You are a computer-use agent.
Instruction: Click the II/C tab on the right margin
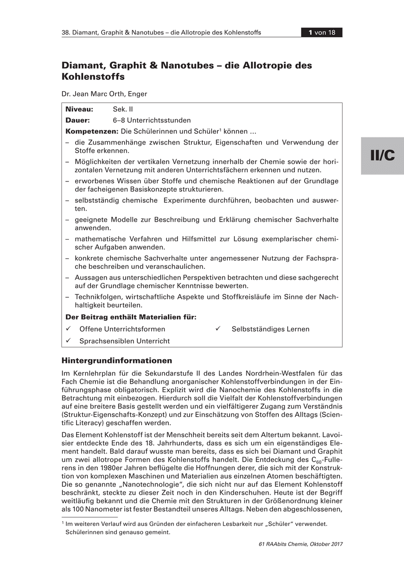[382, 156]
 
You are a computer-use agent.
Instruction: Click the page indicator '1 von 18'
[322, 33]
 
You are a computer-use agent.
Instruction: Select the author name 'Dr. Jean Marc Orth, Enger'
[104, 94]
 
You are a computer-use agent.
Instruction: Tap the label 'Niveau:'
[79, 109]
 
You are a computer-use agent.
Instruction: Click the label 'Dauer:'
[77, 120]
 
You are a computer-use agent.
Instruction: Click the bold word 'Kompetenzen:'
[92, 131]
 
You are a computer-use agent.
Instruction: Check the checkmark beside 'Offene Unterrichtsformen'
[69, 329]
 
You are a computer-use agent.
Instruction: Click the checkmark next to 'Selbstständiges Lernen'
[219, 329]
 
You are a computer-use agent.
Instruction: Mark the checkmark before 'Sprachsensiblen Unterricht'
[69, 341]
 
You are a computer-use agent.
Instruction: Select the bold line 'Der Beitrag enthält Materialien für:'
[131, 318]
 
